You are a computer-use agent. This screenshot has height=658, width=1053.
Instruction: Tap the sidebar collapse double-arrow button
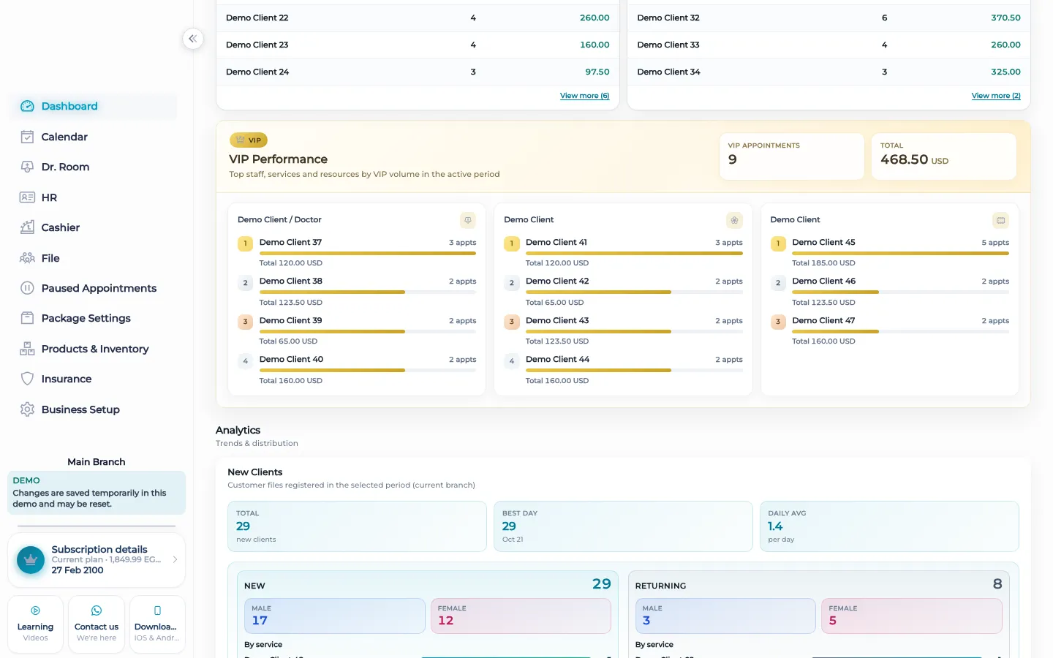pyautogui.click(x=193, y=39)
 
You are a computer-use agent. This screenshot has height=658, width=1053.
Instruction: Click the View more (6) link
pyautogui.click(x=584, y=95)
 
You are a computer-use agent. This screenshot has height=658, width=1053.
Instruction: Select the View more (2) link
pyautogui.click(x=996, y=95)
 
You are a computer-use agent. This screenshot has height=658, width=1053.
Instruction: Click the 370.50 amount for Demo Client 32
pyautogui.click(x=1005, y=18)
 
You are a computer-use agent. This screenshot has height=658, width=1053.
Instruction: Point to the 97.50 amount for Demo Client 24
pyautogui.click(x=597, y=72)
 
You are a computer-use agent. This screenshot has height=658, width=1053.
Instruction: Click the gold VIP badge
pyautogui.click(x=248, y=140)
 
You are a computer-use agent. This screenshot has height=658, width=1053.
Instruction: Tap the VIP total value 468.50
pyautogui.click(x=904, y=159)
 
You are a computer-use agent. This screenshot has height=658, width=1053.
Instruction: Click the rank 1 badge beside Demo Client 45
pyautogui.click(x=778, y=243)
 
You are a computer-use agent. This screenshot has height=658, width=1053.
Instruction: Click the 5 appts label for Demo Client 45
pyautogui.click(x=995, y=243)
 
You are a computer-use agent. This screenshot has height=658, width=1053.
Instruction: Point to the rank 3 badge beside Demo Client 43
pyautogui.click(x=511, y=322)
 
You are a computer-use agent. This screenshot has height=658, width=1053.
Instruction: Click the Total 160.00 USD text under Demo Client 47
pyautogui.click(x=823, y=341)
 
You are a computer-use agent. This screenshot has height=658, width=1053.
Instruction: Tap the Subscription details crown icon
pyautogui.click(x=31, y=560)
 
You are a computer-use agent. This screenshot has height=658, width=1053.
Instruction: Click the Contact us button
pyautogui.click(x=97, y=624)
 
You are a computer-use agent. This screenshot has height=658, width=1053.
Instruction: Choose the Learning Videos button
pyautogui.click(x=35, y=624)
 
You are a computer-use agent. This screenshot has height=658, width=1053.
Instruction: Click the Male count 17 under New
pyautogui.click(x=260, y=621)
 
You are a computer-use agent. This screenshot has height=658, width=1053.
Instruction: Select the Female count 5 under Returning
pyautogui.click(x=832, y=621)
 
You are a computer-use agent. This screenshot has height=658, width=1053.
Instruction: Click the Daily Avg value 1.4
pyautogui.click(x=775, y=526)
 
